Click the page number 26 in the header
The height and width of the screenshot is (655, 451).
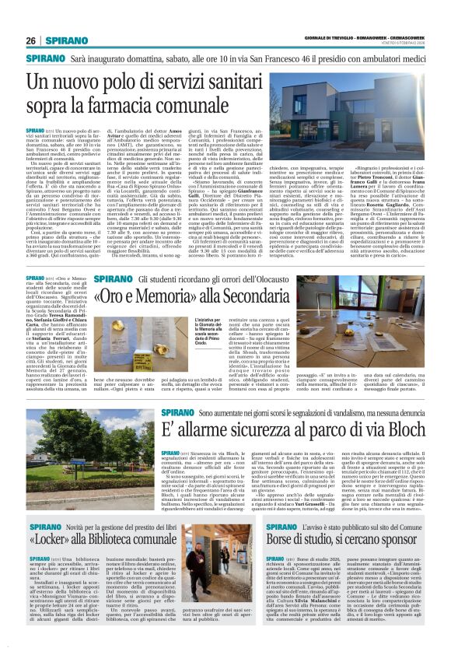click(x=31, y=40)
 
